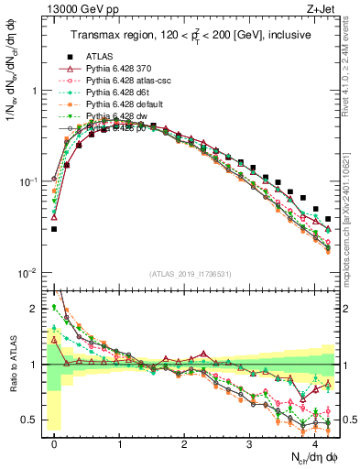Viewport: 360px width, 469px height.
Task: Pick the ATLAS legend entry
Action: (x=100, y=55)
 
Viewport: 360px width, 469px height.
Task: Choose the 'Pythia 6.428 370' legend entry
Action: (x=123, y=67)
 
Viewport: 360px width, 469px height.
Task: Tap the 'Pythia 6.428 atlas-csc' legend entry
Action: (x=131, y=80)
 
